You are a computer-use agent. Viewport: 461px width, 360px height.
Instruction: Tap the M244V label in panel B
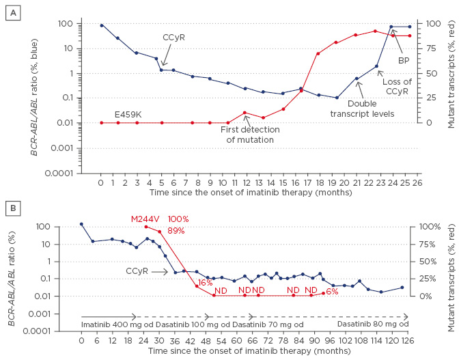click(x=145, y=219)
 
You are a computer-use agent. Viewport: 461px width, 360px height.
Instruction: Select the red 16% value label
click(x=205, y=283)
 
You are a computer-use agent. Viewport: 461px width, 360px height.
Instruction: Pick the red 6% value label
click(x=333, y=292)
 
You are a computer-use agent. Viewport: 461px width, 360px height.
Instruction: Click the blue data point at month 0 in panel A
click(x=101, y=25)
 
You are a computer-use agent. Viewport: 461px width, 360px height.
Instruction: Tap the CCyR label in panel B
click(x=137, y=271)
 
